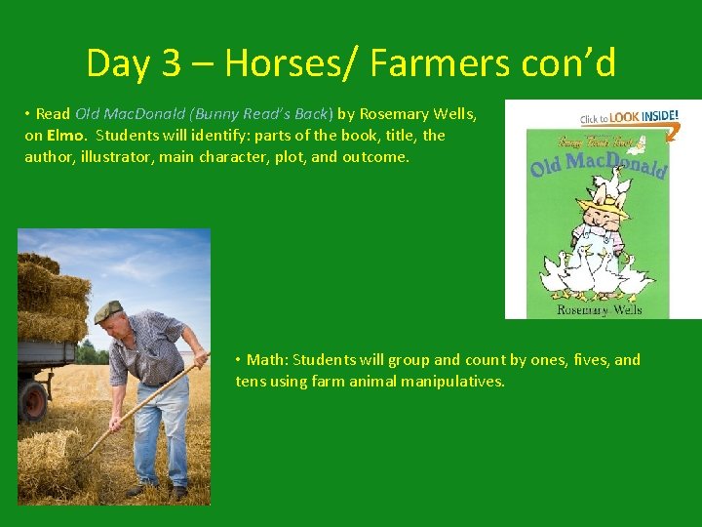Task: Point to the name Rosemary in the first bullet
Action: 395,114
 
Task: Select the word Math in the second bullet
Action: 265,360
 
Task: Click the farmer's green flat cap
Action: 108,311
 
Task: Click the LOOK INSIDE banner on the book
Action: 630,118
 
